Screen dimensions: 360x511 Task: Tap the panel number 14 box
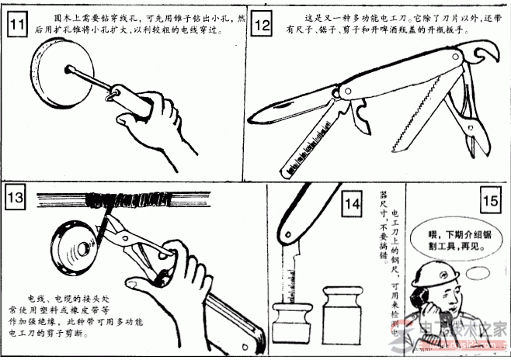(352, 205)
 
